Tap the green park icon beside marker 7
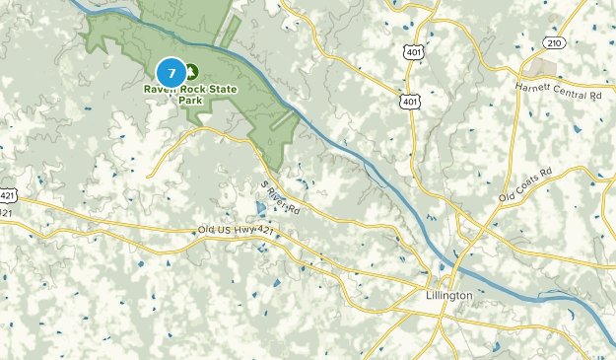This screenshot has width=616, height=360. click(191, 71)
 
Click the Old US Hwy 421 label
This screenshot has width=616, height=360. click(235, 231)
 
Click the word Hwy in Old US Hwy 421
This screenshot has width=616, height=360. click(243, 231)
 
